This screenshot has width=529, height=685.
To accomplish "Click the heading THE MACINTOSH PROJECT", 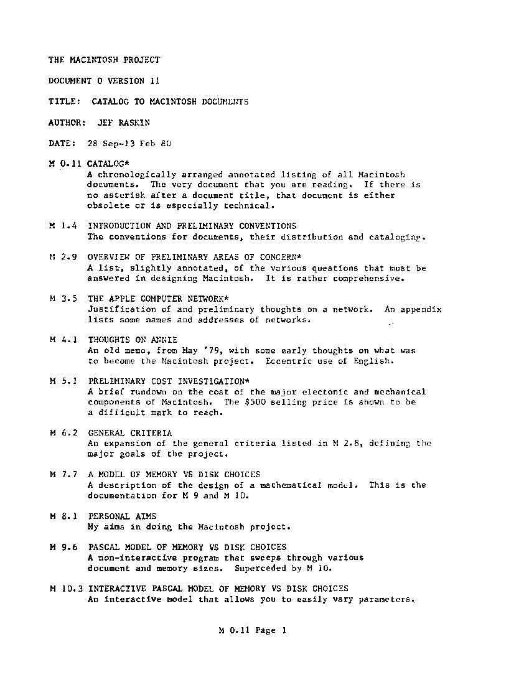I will pos(104,60).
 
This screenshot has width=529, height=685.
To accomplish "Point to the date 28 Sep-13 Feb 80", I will pos(129,143).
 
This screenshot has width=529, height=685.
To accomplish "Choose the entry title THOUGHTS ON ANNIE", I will pos(133,340).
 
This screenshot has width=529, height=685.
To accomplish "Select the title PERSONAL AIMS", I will pos(122,516).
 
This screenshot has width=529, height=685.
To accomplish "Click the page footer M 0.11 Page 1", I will pos(252,630).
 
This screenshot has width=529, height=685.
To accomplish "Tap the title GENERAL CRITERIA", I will pos(130,433).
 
